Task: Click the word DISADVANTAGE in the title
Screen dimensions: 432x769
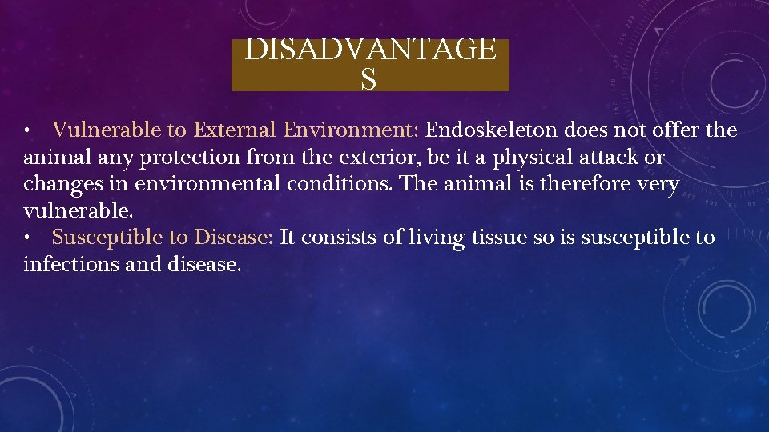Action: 370,50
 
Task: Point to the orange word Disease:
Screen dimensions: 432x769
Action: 234,238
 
